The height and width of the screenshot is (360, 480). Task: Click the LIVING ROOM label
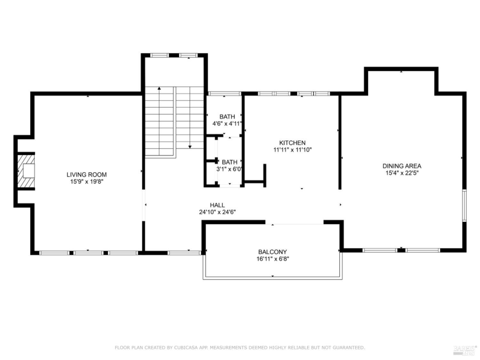[x=86, y=174]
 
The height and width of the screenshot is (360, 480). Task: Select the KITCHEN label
[x=292, y=143]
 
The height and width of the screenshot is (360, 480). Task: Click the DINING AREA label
[x=402, y=166]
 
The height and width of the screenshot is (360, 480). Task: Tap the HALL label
[x=217, y=205]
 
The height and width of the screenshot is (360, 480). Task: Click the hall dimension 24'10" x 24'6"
[x=217, y=212]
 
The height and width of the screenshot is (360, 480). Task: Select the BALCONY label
[x=272, y=252]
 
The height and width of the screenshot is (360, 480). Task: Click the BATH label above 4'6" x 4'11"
[x=227, y=117]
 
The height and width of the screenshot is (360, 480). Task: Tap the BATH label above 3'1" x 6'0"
[x=229, y=162]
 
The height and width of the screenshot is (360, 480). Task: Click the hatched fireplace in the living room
[x=26, y=171]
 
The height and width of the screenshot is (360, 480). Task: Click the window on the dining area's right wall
[x=464, y=205]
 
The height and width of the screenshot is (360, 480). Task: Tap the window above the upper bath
[x=224, y=93]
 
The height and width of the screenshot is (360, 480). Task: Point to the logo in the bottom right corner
[x=465, y=350]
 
